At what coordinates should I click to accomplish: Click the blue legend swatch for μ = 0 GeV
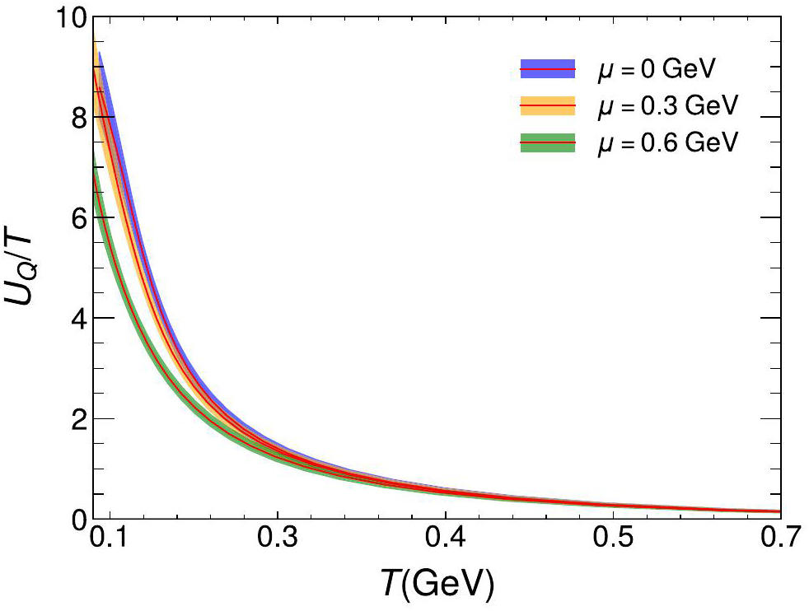click(x=547, y=69)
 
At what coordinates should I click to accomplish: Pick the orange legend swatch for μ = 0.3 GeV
click(x=547, y=106)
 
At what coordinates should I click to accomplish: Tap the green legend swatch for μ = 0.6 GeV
click(x=547, y=142)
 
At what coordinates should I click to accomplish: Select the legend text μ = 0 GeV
click(x=655, y=69)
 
